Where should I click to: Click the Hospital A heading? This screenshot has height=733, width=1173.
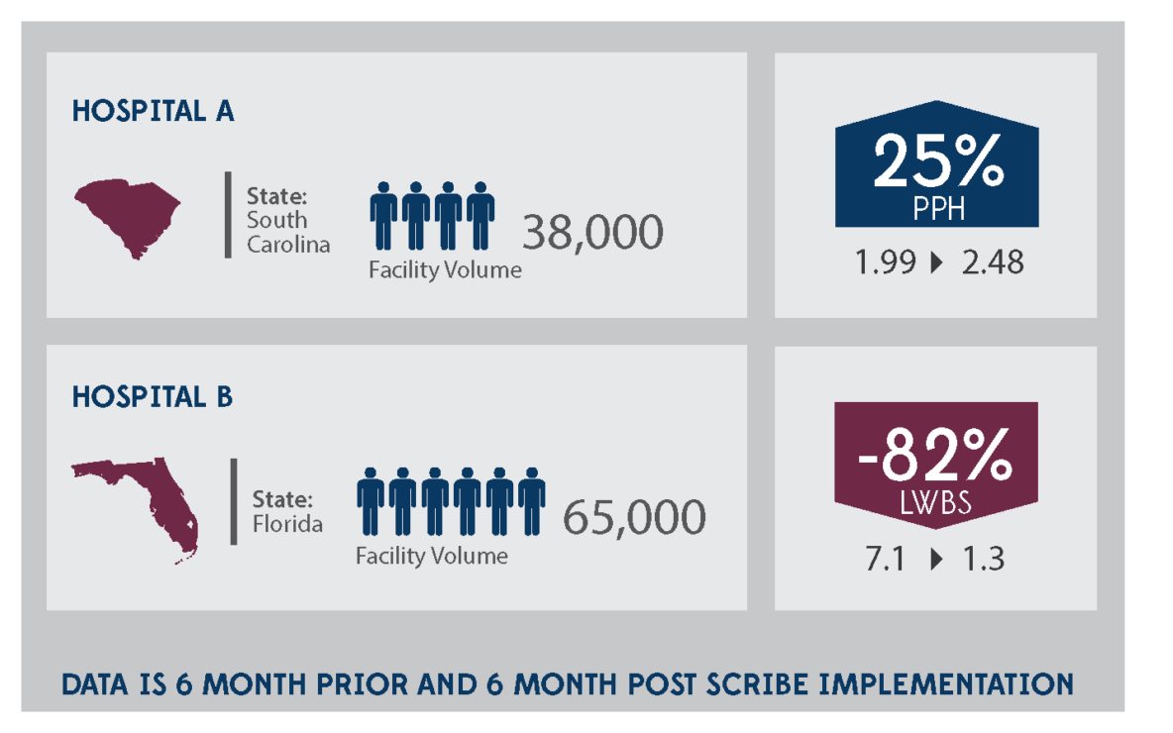[x=153, y=110]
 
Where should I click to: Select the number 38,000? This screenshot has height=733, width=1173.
[x=592, y=233]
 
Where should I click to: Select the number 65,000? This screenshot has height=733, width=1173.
[x=634, y=518]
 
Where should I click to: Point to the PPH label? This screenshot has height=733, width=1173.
[x=937, y=210]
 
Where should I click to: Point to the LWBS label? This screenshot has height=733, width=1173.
[x=935, y=503]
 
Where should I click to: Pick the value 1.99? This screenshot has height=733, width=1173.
[x=884, y=262]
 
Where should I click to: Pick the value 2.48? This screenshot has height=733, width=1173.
[x=993, y=262]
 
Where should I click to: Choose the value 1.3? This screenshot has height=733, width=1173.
[x=983, y=559]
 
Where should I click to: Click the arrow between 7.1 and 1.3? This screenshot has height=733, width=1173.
[x=936, y=560]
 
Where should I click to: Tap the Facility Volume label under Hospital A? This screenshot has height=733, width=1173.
[x=445, y=270]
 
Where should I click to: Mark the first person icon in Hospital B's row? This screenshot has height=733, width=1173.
[x=371, y=501]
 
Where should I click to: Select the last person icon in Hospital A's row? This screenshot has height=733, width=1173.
[x=480, y=215]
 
